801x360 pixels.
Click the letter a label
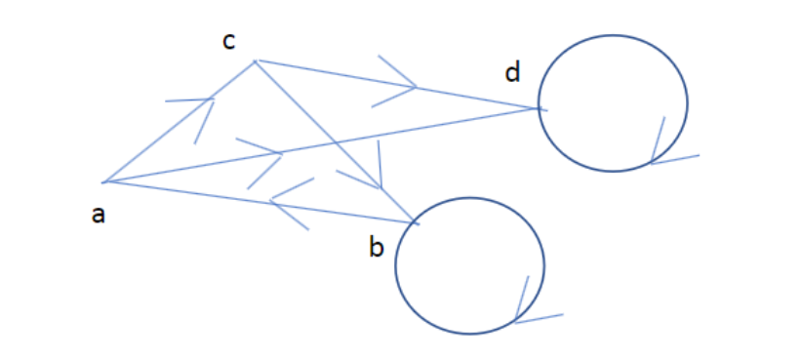(x=98, y=216)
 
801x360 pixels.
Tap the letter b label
(x=377, y=249)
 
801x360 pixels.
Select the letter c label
(x=228, y=42)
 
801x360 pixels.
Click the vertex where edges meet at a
(x=104, y=182)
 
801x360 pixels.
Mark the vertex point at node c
(x=255, y=61)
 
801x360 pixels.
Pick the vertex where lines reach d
(x=538, y=108)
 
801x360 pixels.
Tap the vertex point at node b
(x=418, y=224)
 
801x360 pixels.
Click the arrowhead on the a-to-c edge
(x=212, y=99)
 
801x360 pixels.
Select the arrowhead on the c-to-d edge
(x=416, y=88)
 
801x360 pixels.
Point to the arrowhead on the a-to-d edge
(x=281, y=153)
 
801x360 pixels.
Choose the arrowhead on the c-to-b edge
(x=380, y=186)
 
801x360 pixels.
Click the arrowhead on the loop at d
(x=652, y=162)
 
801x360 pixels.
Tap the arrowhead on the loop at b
(x=515, y=321)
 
